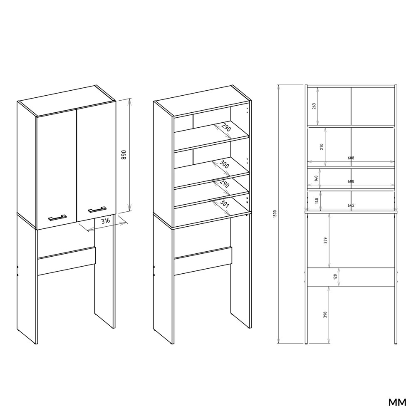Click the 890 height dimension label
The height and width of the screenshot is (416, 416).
pyautogui.click(x=123, y=155)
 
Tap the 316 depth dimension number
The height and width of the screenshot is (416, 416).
pyautogui.click(x=105, y=221)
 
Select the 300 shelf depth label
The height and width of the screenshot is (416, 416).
pyautogui.click(x=225, y=165)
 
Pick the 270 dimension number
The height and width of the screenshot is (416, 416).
pyautogui.click(x=322, y=146)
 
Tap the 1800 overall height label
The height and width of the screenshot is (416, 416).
pyautogui.click(x=275, y=214)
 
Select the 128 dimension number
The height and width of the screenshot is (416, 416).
pyautogui.click(x=335, y=277)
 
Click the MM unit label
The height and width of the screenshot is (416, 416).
pyautogui.click(x=397, y=402)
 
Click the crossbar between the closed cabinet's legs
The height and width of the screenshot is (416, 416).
pyautogui.click(x=67, y=261)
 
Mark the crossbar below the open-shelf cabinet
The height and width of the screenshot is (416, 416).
pyautogui.click(x=203, y=261)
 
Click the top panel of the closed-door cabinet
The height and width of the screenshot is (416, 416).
pyautogui.click(x=67, y=101)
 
